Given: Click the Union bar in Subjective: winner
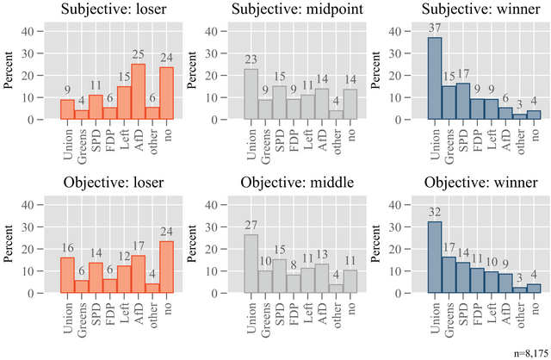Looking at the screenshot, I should [x=434, y=78].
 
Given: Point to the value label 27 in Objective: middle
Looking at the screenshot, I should [x=250, y=227].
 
